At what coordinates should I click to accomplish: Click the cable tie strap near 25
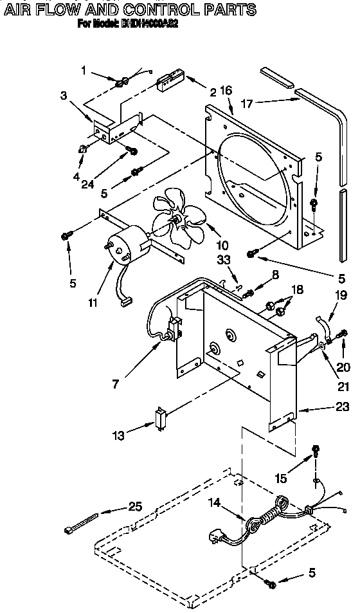81,522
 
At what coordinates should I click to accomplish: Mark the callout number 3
64,96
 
